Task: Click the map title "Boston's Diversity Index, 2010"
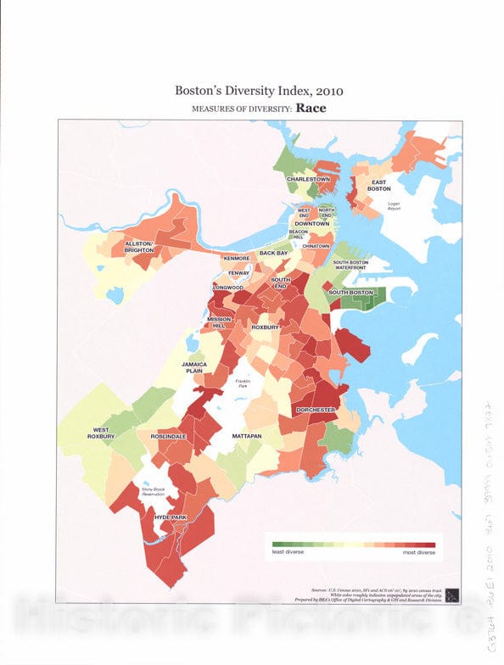point(251,89)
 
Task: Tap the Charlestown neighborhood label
point(307,180)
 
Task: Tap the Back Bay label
point(274,253)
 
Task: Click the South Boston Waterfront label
point(352,265)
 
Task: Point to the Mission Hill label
point(220,324)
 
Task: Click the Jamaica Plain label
point(194,367)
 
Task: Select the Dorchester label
point(316,410)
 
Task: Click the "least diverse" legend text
point(288,552)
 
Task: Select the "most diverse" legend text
point(417,552)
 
